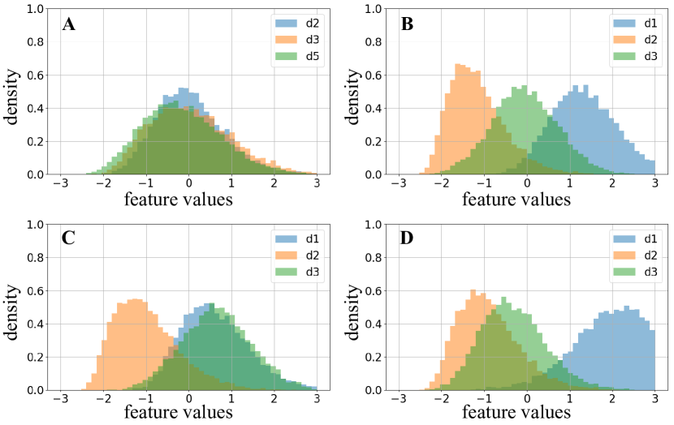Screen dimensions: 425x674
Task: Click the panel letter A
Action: point(69,24)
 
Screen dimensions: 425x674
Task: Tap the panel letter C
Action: point(69,240)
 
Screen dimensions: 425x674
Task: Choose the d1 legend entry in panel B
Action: point(636,24)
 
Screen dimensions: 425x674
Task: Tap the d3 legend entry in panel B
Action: point(636,58)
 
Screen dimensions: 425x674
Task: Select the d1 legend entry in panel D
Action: point(636,239)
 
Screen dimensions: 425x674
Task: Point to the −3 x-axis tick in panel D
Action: point(399,401)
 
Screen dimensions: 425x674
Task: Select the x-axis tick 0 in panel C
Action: point(188,401)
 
